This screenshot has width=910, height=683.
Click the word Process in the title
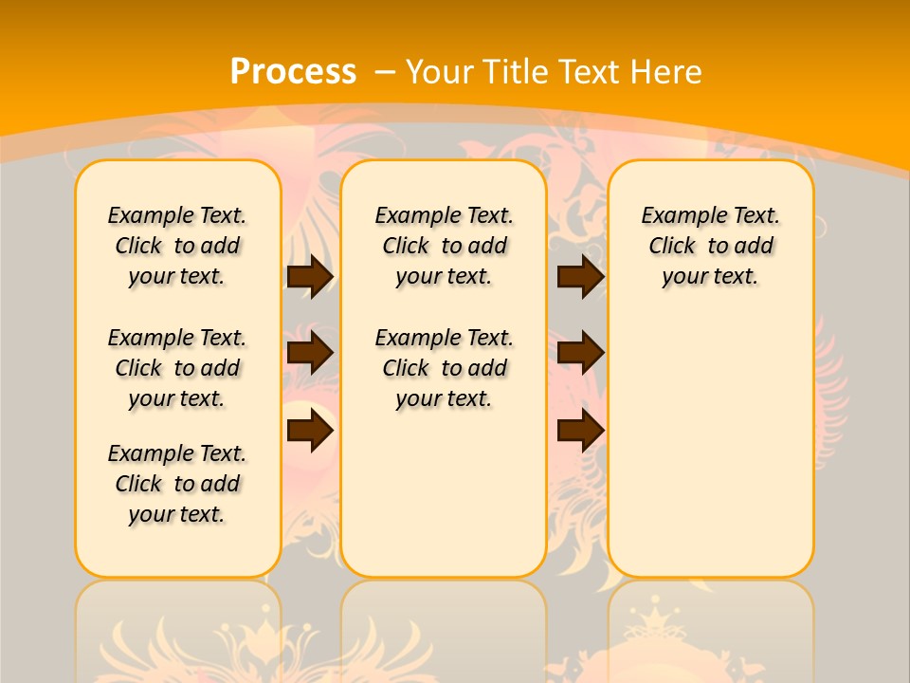click(x=293, y=71)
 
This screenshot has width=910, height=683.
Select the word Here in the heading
click(x=666, y=72)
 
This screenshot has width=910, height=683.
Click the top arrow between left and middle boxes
click(x=310, y=276)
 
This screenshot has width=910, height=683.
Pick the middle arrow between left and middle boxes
click(x=310, y=353)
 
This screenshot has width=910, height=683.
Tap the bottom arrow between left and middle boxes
click(x=310, y=430)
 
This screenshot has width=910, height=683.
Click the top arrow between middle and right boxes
click(x=580, y=276)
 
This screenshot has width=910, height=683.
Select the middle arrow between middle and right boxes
click(x=580, y=353)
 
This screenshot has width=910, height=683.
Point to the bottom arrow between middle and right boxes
click(x=580, y=430)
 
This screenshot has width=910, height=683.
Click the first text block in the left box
click(x=177, y=246)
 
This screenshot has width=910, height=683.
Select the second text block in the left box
click(x=177, y=368)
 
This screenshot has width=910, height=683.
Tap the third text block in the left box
click(x=177, y=484)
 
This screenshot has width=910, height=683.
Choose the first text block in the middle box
click(x=444, y=246)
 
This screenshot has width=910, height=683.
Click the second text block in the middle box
click(x=444, y=368)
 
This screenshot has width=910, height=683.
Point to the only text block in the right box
click(x=710, y=246)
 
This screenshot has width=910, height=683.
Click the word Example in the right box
click(x=675, y=216)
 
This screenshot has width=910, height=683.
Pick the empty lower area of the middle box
click(x=444, y=493)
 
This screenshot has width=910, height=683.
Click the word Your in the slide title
click(x=437, y=72)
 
